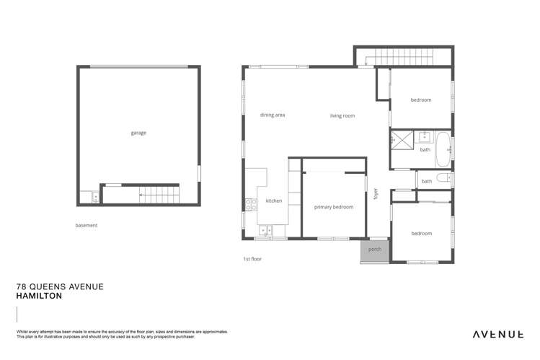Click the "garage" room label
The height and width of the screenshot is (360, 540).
pyautogui.click(x=138, y=133)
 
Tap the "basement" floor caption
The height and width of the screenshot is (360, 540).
pyautogui.click(x=86, y=225)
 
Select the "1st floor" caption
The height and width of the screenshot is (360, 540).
pyautogui.click(x=252, y=258)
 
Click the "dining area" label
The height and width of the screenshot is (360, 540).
pyautogui.click(x=273, y=115)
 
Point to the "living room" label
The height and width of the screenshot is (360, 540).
pyautogui.click(x=342, y=115)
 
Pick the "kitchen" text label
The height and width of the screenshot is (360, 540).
pyautogui.click(x=274, y=201)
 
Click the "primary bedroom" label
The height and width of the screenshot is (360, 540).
pyautogui.click(x=334, y=207)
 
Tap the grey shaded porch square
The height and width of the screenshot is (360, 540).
pyautogui.click(x=374, y=250)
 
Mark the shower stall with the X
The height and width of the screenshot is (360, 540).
pyautogui.click(x=399, y=139)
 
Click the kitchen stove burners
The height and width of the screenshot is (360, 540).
pyautogui.click(x=249, y=204)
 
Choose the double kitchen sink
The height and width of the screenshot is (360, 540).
pyautogui.click(x=265, y=231)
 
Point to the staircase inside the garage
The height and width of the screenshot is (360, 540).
pyautogui.click(x=152, y=193)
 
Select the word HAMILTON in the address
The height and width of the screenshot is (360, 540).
pyautogui.click(x=39, y=296)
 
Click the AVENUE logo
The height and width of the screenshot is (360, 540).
pyautogui.click(x=497, y=334)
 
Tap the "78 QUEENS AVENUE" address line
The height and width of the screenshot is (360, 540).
pyautogui.click(x=60, y=286)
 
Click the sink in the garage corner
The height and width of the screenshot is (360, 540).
pyautogui.click(x=86, y=196)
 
